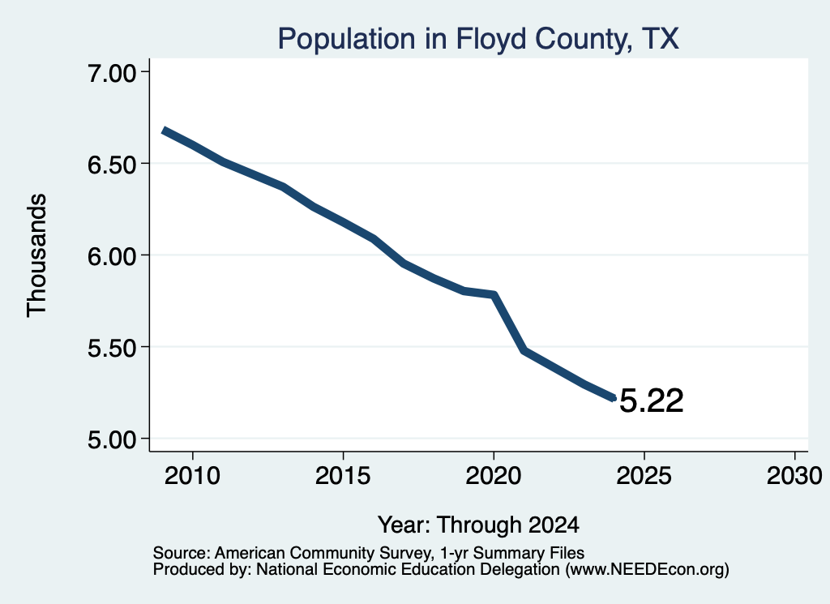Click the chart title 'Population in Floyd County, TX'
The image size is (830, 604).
478,39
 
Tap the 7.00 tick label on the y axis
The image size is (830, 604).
112,73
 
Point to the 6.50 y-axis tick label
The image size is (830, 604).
112,165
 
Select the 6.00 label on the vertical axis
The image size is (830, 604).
112,256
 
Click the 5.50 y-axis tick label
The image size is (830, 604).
112,348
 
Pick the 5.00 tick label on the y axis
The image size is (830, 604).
112,439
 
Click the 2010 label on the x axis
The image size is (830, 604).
192,475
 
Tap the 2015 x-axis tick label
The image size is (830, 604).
343,475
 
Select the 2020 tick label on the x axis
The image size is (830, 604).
494,475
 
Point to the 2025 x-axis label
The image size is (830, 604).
644,475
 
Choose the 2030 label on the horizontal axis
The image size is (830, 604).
794,475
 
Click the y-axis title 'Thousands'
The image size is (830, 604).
37,255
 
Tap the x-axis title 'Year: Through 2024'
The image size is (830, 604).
478,525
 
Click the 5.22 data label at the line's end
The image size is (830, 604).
651,401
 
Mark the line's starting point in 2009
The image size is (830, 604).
164,131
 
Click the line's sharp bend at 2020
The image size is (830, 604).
494,294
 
